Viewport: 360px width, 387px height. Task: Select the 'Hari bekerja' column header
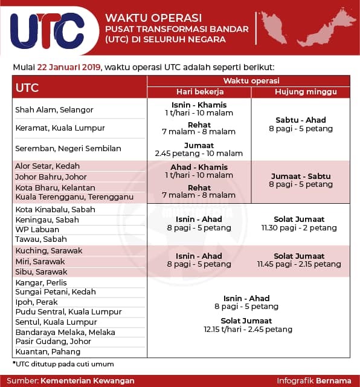coord(200,91)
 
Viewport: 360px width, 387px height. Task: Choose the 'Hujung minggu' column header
coord(297,91)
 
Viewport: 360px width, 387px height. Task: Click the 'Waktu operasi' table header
coord(248,80)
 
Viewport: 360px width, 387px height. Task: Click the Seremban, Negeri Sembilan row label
coord(68,148)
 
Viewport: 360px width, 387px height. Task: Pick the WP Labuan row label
coord(37,230)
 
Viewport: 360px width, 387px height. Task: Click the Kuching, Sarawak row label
coord(48,250)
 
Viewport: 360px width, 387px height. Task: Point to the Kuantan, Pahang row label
coord(48,351)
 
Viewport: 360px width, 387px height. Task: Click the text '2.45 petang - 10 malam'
coord(199,154)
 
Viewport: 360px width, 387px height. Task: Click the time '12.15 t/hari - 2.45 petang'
coord(248,330)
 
